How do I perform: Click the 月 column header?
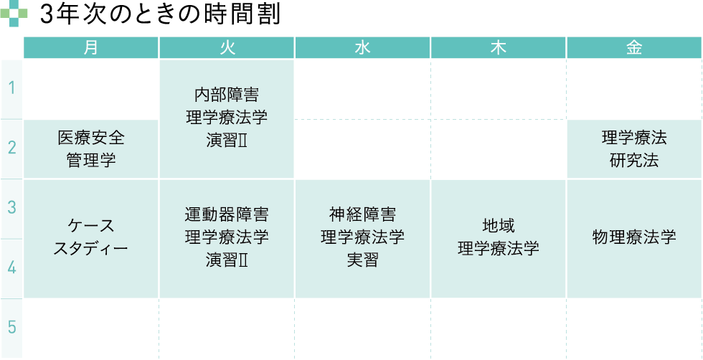click(91, 48)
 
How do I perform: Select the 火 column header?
click(227, 48)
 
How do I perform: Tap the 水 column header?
click(363, 48)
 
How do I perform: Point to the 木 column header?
click(499, 48)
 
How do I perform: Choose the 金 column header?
click(634, 48)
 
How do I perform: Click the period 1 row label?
click(11, 89)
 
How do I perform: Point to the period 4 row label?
click(11, 268)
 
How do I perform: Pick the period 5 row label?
click(11, 328)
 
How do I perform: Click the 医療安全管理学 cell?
click(91, 149)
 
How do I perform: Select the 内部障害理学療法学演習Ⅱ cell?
click(227, 119)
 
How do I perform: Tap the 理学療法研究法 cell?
click(634, 149)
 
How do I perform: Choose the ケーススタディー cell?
click(91, 239)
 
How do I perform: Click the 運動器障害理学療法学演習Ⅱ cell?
click(227, 239)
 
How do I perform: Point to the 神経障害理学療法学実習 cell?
click(363, 239)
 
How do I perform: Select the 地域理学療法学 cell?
click(499, 239)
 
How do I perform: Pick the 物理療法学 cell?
click(634, 239)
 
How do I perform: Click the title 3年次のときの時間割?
click(160, 15)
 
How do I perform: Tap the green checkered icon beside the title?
click(14, 14)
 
